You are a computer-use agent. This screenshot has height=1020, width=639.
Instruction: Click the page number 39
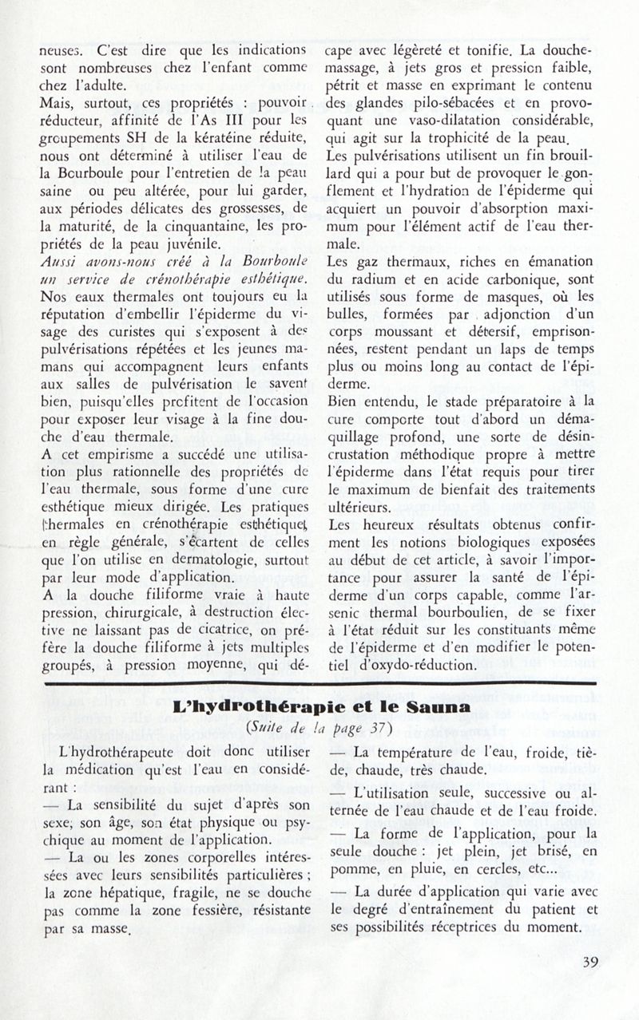coord(590,984)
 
